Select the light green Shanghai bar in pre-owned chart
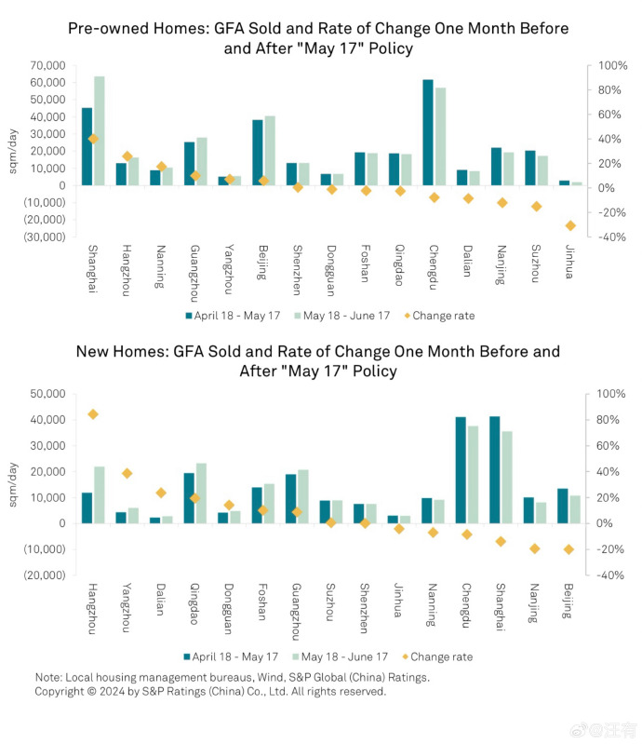pyautogui.click(x=100, y=130)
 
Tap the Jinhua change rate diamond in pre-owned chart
pyautogui.click(x=570, y=225)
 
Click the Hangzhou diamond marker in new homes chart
pyautogui.click(x=93, y=414)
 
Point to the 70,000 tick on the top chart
pyautogui.click(x=47, y=66)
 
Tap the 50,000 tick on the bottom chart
pyautogui.click(x=47, y=395)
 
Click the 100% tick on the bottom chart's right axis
pyautogui.click(x=600, y=395)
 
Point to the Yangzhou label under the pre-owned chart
pyautogui.click(x=228, y=270)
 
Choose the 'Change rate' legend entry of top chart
pyautogui.click(x=443, y=316)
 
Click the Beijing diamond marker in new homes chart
pyautogui.click(x=568, y=549)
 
